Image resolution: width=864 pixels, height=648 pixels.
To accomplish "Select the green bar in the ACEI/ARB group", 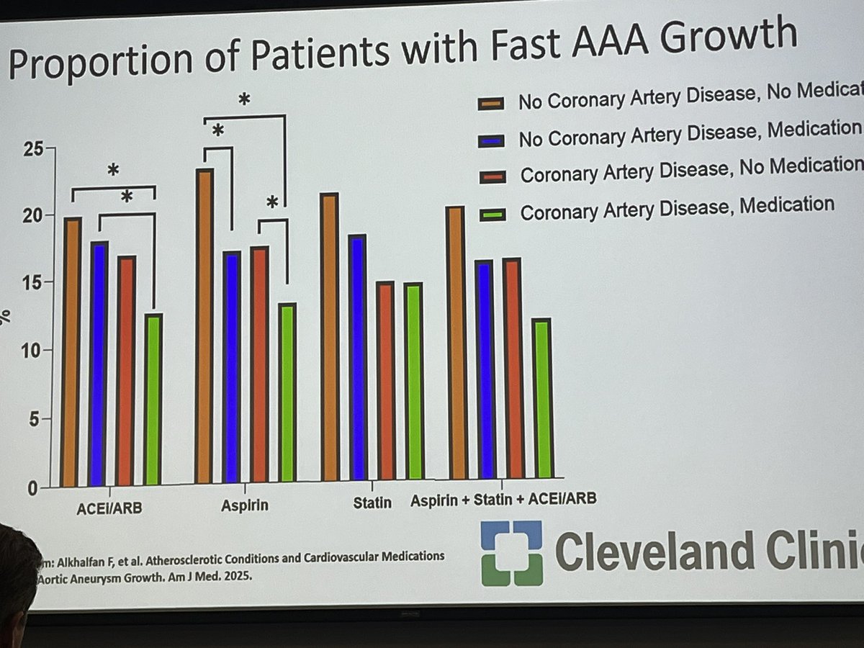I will [x=152, y=399].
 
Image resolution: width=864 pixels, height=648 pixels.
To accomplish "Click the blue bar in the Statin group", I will [x=358, y=357].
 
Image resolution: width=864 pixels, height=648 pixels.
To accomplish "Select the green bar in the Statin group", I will [x=413, y=381].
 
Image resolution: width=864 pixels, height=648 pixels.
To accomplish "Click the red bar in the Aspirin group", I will [x=259, y=364].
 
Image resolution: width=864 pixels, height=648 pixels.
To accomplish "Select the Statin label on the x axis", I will [x=372, y=502].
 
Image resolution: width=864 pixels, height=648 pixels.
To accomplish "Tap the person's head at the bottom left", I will [x=16, y=569].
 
